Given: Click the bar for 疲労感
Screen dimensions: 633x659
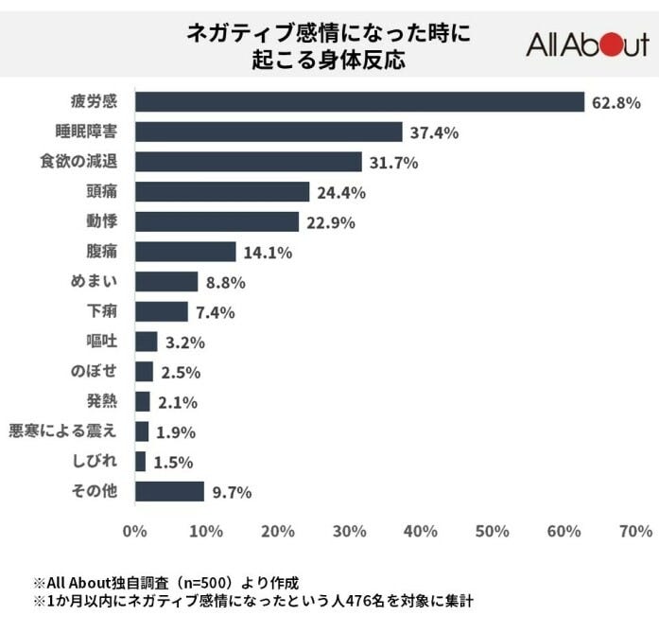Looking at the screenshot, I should (x=359, y=101).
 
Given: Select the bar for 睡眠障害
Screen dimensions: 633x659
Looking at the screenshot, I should (x=269, y=132).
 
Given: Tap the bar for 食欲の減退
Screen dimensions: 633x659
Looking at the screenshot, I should (x=249, y=162).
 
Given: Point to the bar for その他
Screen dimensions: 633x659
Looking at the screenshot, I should (x=169, y=491).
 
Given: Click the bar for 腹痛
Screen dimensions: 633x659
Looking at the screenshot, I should (x=185, y=252).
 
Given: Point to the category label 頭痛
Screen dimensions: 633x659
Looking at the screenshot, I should (x=101, y=191).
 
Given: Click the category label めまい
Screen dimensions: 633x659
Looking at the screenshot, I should (x=93, y=281).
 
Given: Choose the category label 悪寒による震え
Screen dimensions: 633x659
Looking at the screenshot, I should (x=63, y=431).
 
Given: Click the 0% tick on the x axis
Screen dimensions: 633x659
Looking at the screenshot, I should (x=135, y=532).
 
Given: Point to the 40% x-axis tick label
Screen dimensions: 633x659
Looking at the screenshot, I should (x=421, y=532).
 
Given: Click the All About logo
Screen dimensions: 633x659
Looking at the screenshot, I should (x=586, y=44).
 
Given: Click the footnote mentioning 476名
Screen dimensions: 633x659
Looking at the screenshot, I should (x=252, y=601).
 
